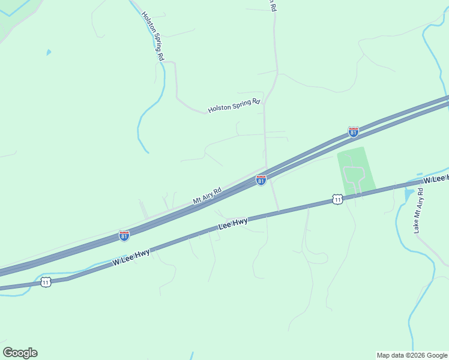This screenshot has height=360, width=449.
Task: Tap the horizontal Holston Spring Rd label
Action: [x=235, y=106]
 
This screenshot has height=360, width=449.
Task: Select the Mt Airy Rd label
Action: [x=207, y=196]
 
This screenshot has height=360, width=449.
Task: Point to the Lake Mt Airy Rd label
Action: [x=419, y=211]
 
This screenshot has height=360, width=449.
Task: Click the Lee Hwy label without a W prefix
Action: [x=233, y=223]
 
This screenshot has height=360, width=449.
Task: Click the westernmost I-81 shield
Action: [x=124, y=236]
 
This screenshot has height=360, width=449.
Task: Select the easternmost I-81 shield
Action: [x=354, y=131]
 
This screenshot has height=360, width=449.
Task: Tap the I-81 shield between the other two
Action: [x=261, y=180]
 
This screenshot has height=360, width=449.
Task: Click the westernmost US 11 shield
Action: [x=46, y=282]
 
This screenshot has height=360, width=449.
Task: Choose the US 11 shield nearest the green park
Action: [x=338, y=199]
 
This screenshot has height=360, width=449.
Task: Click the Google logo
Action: [x=20, y=353]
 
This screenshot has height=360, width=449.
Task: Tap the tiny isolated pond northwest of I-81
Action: [x=48, y=52]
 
